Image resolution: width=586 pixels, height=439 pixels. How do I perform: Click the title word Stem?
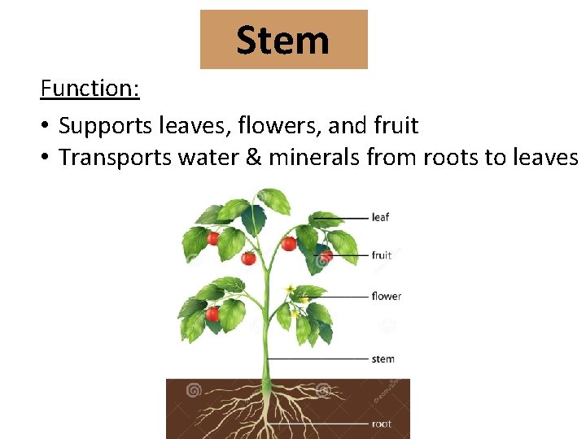tap(282, 40)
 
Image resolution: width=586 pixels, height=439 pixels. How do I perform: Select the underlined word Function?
tap(90, 88)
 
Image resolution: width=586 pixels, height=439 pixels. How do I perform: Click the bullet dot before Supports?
tap(46, 127)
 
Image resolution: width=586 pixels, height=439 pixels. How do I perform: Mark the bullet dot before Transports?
tap(46, 158)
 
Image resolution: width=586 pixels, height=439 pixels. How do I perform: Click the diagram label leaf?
tap(380, 217)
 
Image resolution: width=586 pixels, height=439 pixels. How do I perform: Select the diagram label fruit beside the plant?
tap(381, 255)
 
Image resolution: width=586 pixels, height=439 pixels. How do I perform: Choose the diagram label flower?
tap(386, 296)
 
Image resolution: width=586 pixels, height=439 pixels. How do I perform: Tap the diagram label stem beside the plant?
tap(383, 359)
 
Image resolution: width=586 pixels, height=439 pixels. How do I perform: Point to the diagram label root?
tap(381, 424)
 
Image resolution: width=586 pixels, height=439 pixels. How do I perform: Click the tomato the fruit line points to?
tap(326, 256)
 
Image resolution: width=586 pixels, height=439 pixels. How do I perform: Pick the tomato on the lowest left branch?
tap(213, 314)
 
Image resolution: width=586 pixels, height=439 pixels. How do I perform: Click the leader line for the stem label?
tap(317, 359)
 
